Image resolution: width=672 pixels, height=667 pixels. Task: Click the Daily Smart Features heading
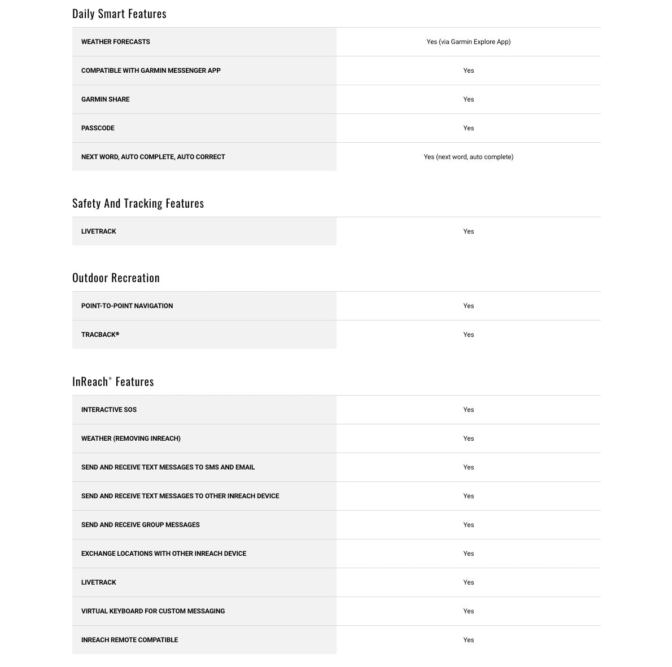click(x=119, y=14)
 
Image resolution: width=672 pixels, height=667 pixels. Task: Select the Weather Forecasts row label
click(x=116, y=42)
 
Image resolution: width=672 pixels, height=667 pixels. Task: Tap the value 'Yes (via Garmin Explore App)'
click(x=468, y=42)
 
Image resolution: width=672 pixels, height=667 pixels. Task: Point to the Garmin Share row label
click(x=106, y=99)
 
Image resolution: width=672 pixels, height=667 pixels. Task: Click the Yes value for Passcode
click(x=468, y=128)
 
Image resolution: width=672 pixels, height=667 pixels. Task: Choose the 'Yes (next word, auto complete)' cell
click(x=468, y=157)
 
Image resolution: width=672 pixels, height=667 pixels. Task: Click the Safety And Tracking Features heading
click(x=138, y=203)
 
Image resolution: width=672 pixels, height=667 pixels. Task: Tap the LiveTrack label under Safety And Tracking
click(x=99, y=231)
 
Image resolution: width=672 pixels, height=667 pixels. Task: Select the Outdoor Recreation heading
click(x=116, y=278)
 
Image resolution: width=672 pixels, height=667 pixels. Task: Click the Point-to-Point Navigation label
click(x=127, y=306)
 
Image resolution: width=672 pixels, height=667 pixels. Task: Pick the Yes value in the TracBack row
click(x=468, y=335)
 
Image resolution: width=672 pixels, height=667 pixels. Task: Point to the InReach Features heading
click(x=113, y=381)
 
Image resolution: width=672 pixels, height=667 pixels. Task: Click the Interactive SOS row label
click(x=109, y=410)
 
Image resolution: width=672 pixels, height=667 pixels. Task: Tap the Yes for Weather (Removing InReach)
click(x=468, y=438)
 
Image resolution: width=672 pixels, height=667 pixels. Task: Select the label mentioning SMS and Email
click(x=168, y=467)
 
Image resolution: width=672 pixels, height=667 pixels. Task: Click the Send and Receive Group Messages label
click(x=141, y=525)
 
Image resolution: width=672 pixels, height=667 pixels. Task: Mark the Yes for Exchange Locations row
click(x=468, y=554)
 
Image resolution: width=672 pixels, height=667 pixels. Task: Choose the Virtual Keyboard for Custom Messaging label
click(x=153, y=611)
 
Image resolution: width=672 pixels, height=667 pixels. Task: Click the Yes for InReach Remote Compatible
click(x=468, y=640)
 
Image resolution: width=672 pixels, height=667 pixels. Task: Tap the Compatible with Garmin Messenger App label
click(x=151, y=71)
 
